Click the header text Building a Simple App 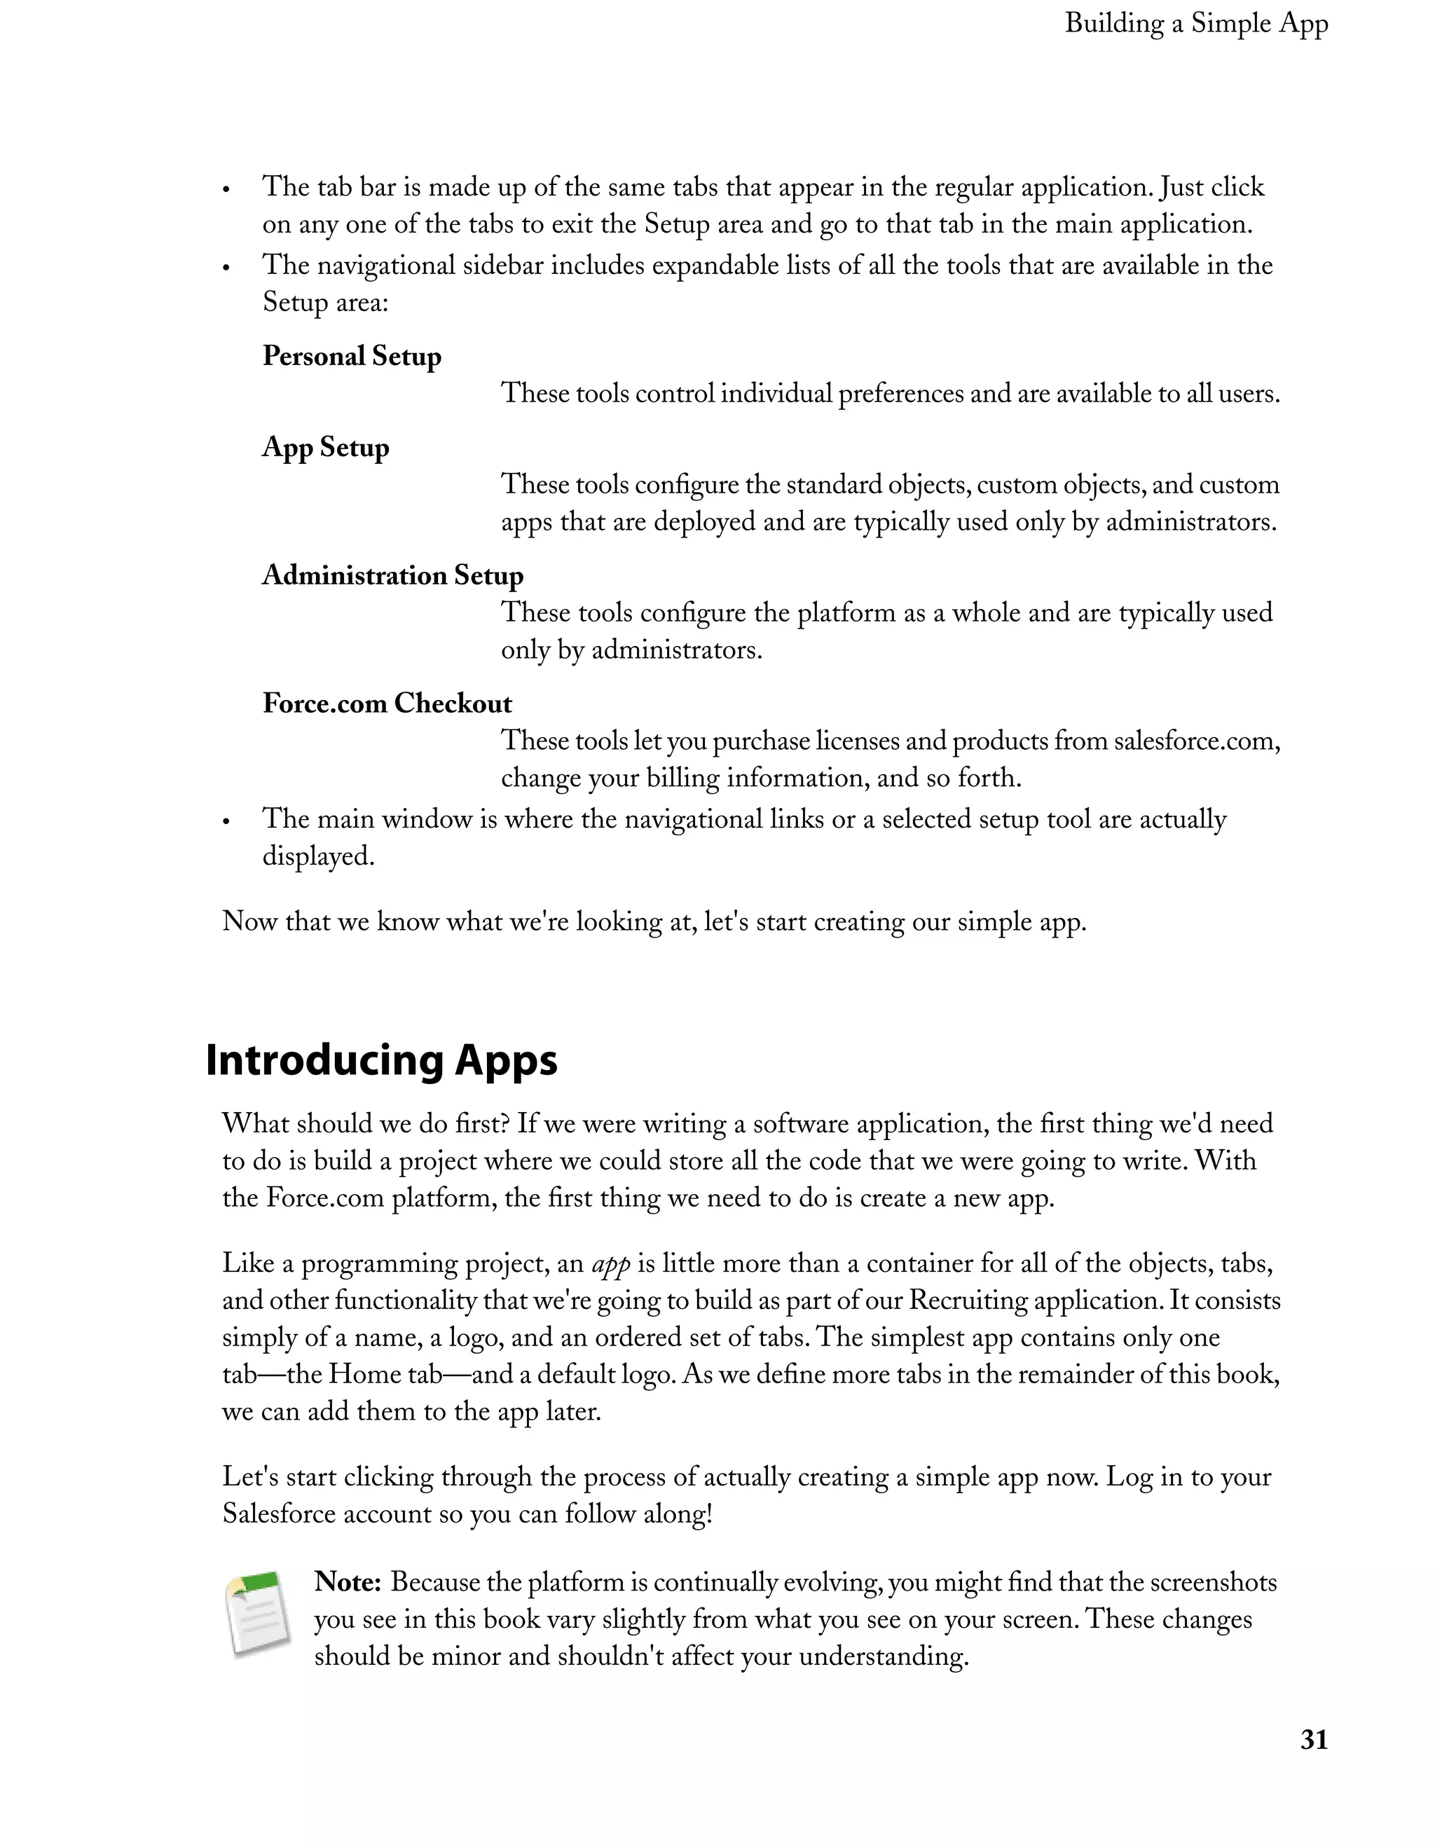coord(1196,24)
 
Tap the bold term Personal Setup coord(351,356)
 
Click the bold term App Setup coord(325,447)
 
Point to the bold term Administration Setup coord(393,575)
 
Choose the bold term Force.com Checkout coord(387,703)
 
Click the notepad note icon coord(259,1614)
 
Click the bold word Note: coord(348,1582)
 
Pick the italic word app coord(611,1264)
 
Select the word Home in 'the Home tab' coord(364,1374)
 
